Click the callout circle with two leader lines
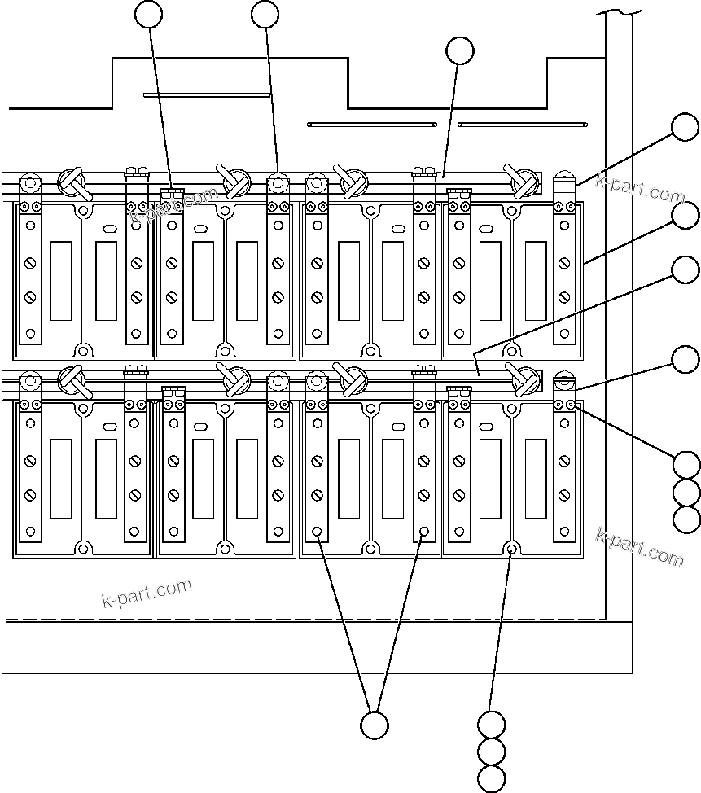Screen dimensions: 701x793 (x=374, y=725)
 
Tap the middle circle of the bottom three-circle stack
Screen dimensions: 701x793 (x=492, y=751)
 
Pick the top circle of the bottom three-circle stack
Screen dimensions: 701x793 (x=492, y=724)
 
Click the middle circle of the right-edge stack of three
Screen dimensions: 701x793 (x=687, y=492)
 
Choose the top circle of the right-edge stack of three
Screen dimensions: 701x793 (x=687, y=465)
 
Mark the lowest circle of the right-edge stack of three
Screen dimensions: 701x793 (x=687, y=519)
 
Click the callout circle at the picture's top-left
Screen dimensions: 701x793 (x=149, y=14)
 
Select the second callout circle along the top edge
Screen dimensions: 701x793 (x=265, y=14)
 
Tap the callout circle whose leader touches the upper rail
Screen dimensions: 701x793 (x=460, y=50)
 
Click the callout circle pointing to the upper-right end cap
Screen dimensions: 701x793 (x=685, y=128)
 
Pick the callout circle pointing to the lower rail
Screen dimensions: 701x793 (x=686, y=270)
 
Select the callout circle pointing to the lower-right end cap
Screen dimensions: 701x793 (x=686, y=358)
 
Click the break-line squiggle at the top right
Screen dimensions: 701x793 (x=619, y=11)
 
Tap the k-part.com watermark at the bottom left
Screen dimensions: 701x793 (x=147, y=594)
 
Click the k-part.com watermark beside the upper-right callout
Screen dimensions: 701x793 (x=640, y=189)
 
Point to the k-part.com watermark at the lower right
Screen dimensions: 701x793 (x=640, y=546)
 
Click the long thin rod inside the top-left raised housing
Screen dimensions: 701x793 (x=207, y=94)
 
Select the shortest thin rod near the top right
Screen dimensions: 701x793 (x=522, y=125)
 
